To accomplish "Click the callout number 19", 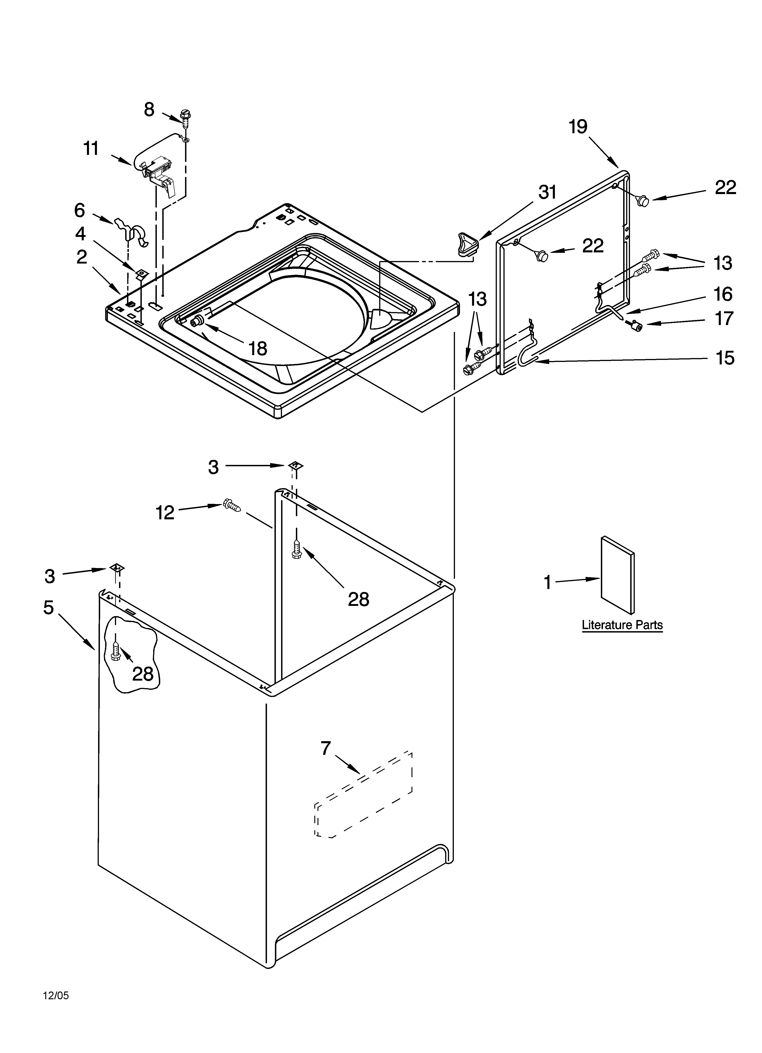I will (x=578, y=127).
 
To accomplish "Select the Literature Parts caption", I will (x=622, y=625).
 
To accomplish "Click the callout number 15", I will (x=725, y=358).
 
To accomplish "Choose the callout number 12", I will (x=165, y=512).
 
